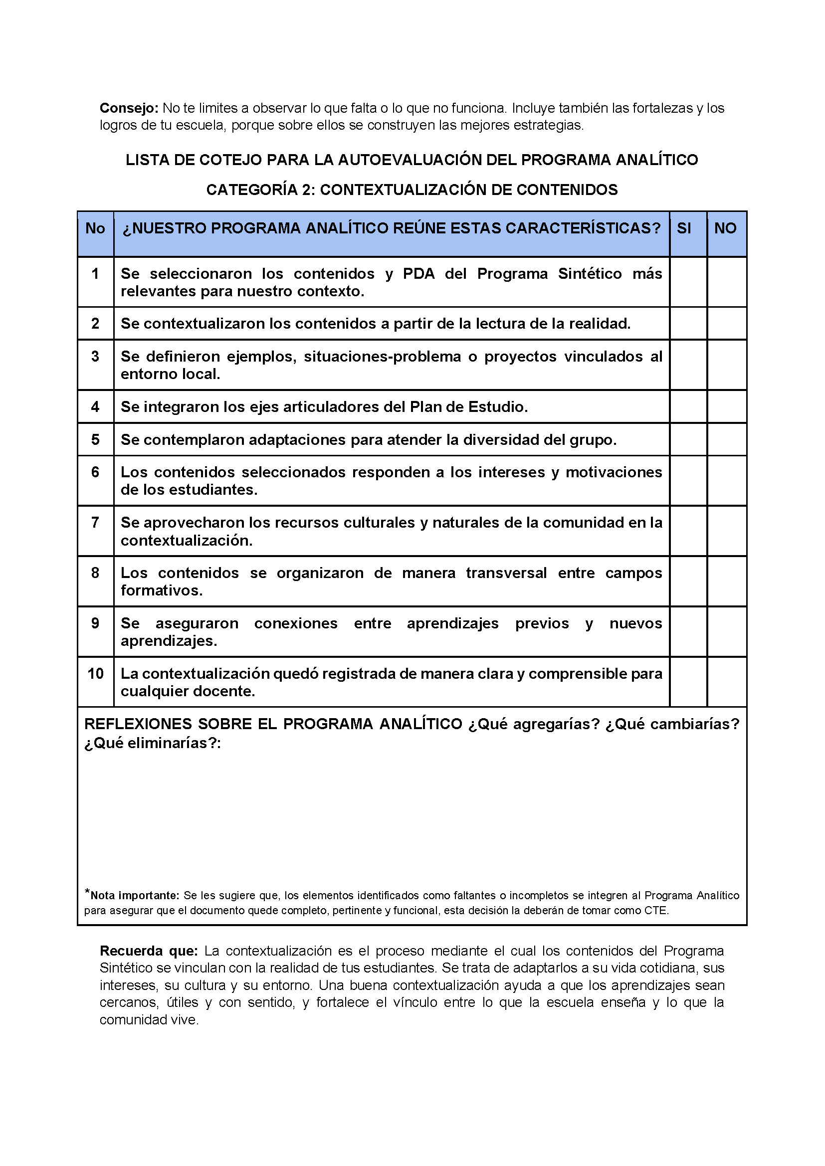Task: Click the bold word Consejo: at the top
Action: [x=129, y=108]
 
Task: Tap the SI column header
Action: [x=684, y=228]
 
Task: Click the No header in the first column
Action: [x=95, y=228]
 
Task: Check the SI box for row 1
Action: [x=688, y=282]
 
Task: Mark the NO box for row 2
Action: [x=726, y=324]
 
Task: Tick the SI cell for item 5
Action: [x=688, y=439]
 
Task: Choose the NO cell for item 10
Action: [x=726, y=682]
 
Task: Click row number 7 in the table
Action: [x=95, y=523]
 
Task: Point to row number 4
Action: [x=95, y=407]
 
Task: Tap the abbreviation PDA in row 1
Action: [x=418, y=274]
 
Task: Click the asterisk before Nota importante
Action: [x=87, y=892]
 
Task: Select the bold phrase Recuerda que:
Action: [x=148, y=951]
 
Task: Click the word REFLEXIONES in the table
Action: [x=131, y=724]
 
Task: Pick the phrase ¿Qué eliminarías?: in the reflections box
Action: [x=153, y=743]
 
